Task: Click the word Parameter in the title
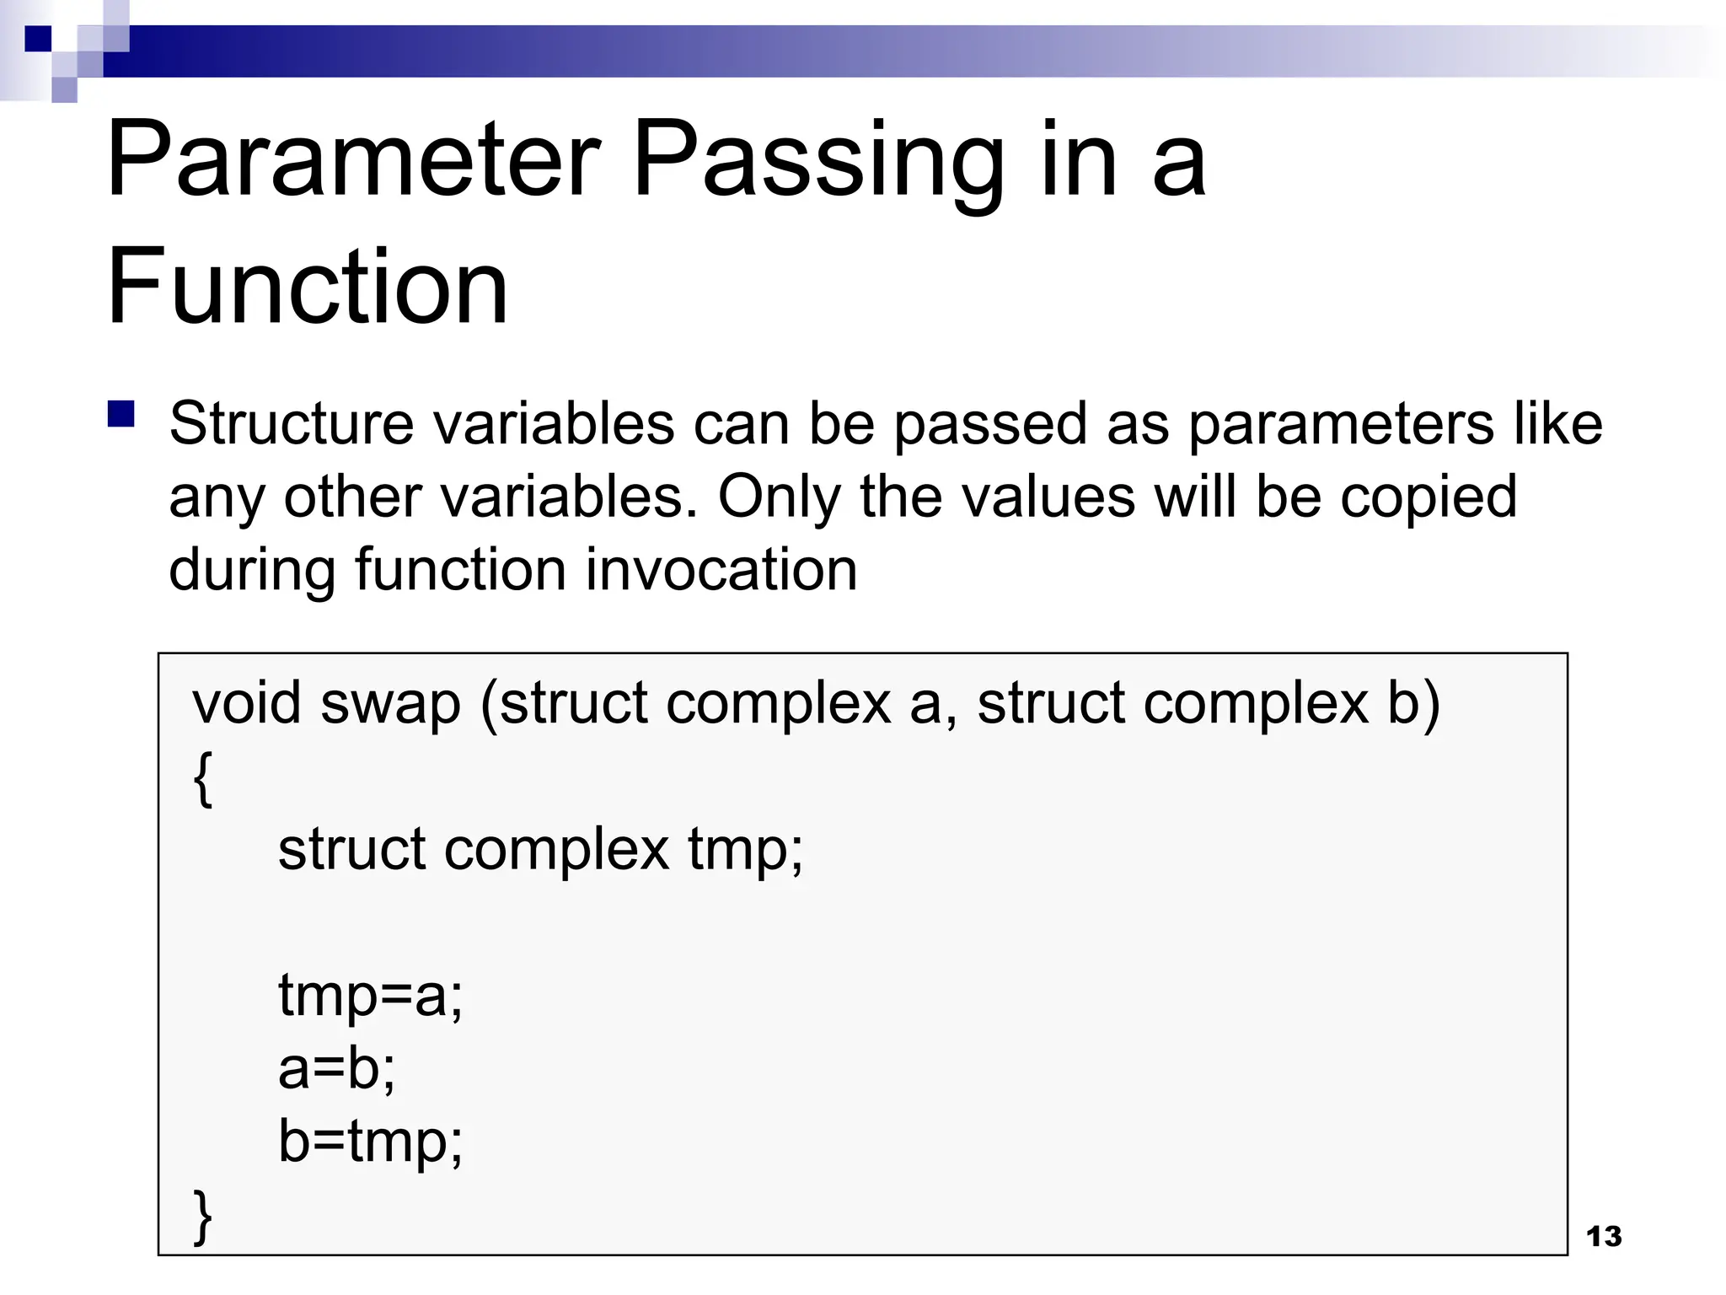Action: [x=353, y=160]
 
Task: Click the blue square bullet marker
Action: [x=121, y=415]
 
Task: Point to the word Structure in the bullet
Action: [x=291, y=423]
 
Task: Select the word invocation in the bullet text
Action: [x=721, y=569]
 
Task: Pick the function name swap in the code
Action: [x=390, y=704]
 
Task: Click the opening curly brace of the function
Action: [x=202, y=779]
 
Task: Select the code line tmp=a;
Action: [x=370, y=997]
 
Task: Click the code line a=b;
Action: [x=336, y=1068]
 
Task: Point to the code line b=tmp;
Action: [x=370, y=1142]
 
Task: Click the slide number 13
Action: [x=1603, y=1236]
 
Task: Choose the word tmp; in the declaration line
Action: [x=745, y=850]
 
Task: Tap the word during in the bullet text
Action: [x=252, y=571]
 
